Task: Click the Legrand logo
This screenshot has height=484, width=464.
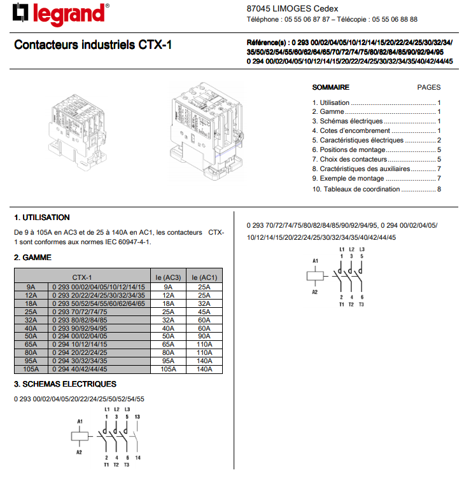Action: click(61, 14)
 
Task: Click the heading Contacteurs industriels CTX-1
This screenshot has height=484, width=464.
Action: click(93, 46)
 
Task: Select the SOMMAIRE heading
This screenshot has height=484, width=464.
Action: click(330, 87)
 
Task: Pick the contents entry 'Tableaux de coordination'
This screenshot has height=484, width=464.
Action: click(362, 189)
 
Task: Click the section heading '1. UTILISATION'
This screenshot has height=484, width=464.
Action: click(42, 218)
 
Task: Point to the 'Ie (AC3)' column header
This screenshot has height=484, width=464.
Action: click(168, 277)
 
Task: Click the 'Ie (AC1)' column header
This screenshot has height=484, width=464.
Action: click(204, 277)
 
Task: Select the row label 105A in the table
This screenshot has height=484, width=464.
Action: click(31, 369)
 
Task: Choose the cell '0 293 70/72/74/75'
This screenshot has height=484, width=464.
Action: click(80, 312)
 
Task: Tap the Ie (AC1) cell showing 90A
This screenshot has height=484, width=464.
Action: click(204, 336)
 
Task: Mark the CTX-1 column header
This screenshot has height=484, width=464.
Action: click(81, 277)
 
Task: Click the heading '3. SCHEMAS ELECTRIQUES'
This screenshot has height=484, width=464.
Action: click(66, 384)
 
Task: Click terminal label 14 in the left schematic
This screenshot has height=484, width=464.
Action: click(138, 457)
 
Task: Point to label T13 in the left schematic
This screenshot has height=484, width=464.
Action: click(137, 417)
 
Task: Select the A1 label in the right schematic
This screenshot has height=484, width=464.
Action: click(314, 261)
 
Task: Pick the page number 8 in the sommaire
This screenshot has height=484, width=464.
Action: click(439, 189)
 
